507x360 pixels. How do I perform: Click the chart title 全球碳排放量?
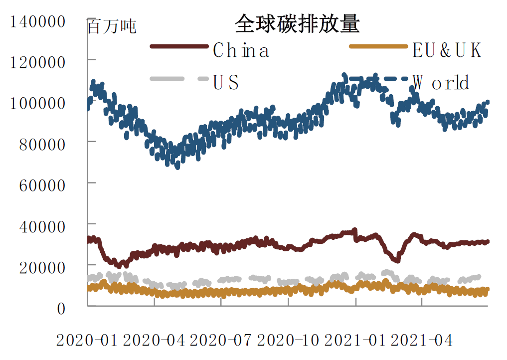pos(297,24)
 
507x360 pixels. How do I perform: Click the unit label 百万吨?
pos(112,26)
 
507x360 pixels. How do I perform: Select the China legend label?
pos(241,50)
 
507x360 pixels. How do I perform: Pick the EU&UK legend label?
pos(447,50)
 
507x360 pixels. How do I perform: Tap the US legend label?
pos(226,82)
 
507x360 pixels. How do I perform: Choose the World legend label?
pos(441,82)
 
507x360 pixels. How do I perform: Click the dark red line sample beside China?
pos(179,47)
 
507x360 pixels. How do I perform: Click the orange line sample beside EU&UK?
pos(378,47)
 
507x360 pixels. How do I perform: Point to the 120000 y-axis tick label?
pos(38,62)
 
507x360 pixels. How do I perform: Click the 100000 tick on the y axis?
pos(38,103)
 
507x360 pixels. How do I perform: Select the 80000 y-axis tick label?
pos(42,145)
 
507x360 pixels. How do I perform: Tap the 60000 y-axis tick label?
pos(42,185)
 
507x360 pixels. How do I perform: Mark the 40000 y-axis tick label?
pos(42,226)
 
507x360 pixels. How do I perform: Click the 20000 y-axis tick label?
pos(42,267)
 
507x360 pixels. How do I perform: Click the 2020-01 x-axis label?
pos(86,341)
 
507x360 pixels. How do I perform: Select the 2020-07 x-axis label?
pos(221,341)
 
